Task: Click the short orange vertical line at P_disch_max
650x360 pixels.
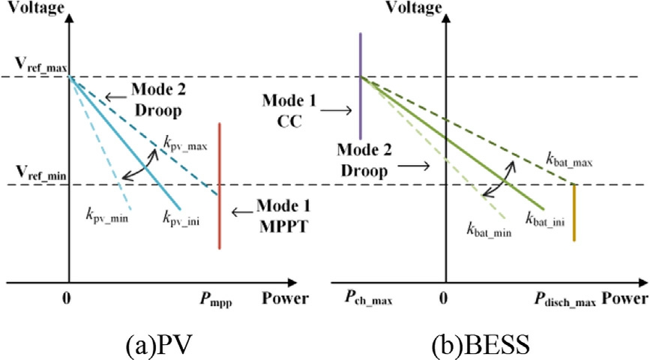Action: [574, 213]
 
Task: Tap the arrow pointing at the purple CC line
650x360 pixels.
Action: [340, 109]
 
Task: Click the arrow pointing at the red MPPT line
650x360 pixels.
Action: [241, 212]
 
